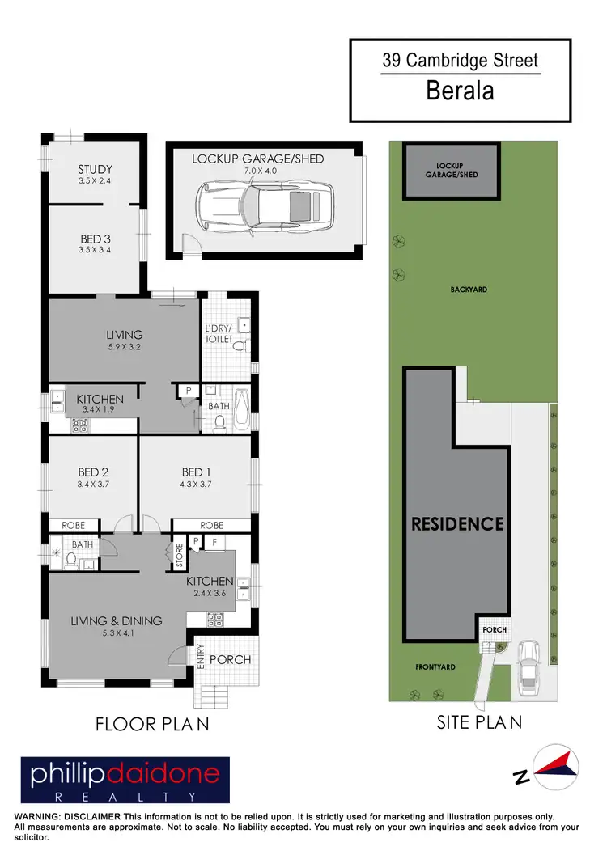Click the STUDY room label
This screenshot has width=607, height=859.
95,169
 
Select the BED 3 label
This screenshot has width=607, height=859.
95,239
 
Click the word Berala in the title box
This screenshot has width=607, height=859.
460,91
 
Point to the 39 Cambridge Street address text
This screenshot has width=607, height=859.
460,60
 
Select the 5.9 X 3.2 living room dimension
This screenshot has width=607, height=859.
124,348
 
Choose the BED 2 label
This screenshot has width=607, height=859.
94,472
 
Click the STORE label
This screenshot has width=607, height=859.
179,556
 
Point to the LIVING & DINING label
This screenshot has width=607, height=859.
116,620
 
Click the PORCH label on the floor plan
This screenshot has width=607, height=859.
230,659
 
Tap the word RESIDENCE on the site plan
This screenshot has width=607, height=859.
457,523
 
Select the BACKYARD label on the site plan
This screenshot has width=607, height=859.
469,289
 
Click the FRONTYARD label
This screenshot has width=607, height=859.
435,667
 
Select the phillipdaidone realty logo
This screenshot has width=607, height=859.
125,780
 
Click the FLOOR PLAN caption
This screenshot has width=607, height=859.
152,724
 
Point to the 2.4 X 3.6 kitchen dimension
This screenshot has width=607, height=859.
210,594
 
